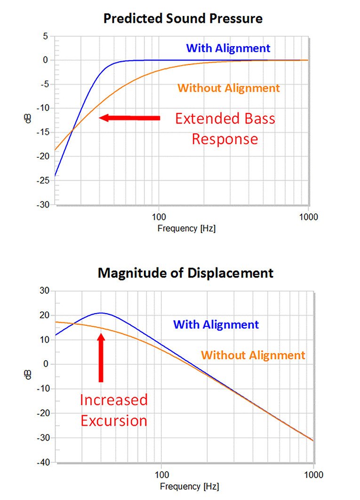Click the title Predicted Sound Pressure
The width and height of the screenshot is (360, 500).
click(x=183, y=18)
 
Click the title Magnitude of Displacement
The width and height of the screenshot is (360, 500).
click(x=185, y=273)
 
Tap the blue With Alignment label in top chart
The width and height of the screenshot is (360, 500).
click(x=228, y=48)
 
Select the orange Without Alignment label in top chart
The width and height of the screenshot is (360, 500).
click(x=229, y=88)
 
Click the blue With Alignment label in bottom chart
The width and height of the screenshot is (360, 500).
click(x=216, y=324)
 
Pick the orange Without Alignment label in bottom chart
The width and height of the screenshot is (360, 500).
click(x=253, y=355)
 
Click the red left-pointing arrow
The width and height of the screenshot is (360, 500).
click(x=129, y=118)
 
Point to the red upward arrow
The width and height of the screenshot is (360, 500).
click(x=101, y=357)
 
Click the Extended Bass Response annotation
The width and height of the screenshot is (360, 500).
click(x=225, y=129)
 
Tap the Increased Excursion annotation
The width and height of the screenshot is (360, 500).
click(x=113, y=411)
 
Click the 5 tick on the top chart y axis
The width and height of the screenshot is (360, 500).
click(x=46, y=36)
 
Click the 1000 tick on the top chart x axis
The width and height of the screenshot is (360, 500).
click(x=309, y=217)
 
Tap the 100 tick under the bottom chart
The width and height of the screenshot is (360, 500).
click(x=162, y=475)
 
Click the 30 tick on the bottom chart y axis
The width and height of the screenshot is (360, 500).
click(x=45, y=291)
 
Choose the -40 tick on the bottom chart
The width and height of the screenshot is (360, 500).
click(x=43, y=462)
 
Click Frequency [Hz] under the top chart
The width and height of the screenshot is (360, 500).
click(x=186, y=229)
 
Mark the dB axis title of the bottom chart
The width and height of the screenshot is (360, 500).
click(x=28, y=375)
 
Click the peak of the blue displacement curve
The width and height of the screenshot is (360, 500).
click(x=101, y=313)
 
